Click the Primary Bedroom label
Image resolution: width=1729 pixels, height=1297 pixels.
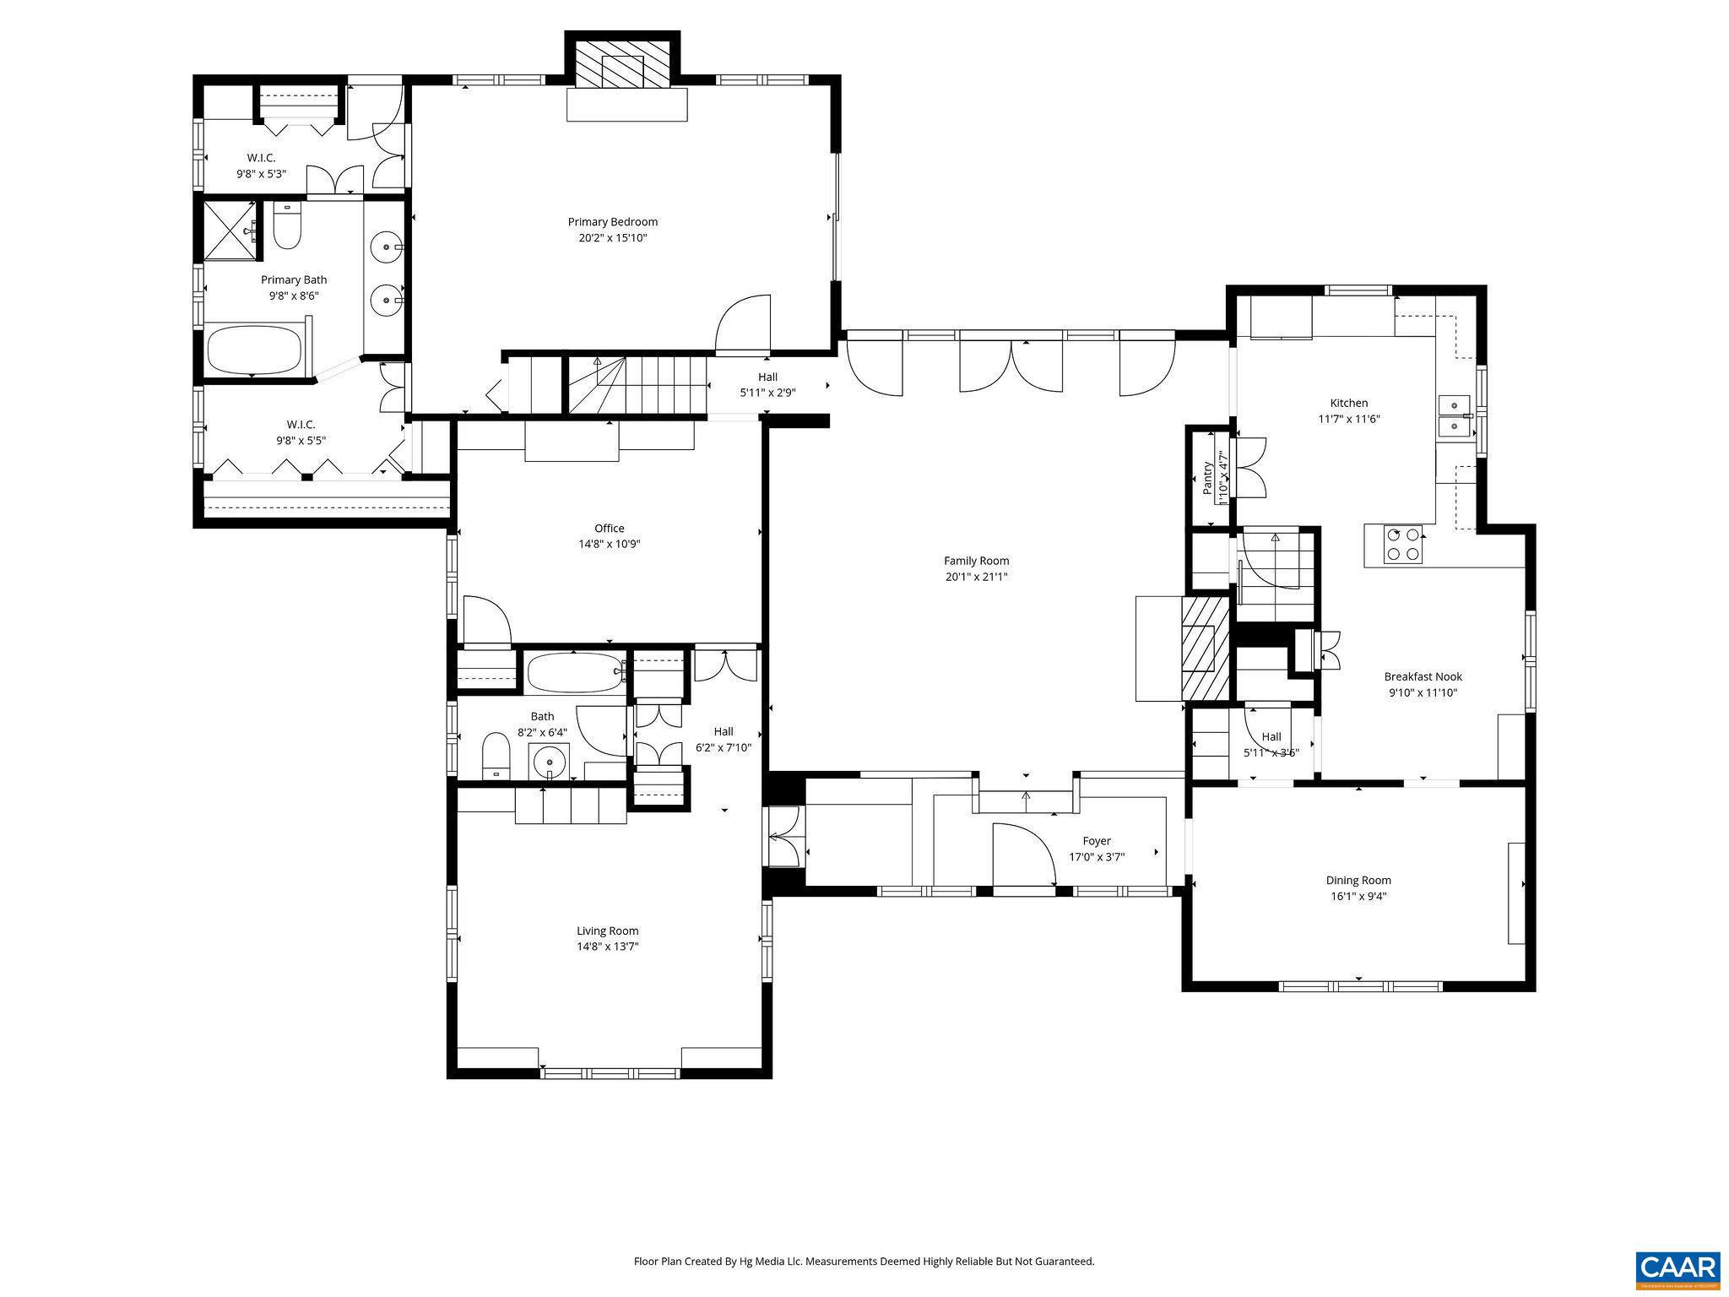pyautogui.click(x=612, y=222)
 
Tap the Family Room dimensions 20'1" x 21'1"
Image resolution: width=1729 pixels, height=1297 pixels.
pyautogui.click(x=976, y=578)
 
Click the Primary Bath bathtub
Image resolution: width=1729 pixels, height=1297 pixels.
pyautogui.click(x=254, y=350)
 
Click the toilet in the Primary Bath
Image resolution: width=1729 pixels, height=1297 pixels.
pyautogui.click(x=287, y=226)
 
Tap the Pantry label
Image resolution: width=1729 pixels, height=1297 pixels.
pyautogui.click(x=1207, y=478)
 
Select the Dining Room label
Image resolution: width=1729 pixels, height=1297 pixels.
pyautogui.click(x=1358, y=880)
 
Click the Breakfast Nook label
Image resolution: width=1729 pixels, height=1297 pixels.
pyautogui.click(x=1423, y=676)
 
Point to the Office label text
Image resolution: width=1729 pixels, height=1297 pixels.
pyautogui.click(x=609, y=529)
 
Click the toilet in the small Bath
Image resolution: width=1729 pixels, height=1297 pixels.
pyautogui.click(x=496, y=755)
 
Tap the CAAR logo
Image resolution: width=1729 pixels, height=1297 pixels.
pyautogui.click(x=1678, y=1269)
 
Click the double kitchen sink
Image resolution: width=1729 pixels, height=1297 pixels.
pyautogui.click(x=1454, y=415)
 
